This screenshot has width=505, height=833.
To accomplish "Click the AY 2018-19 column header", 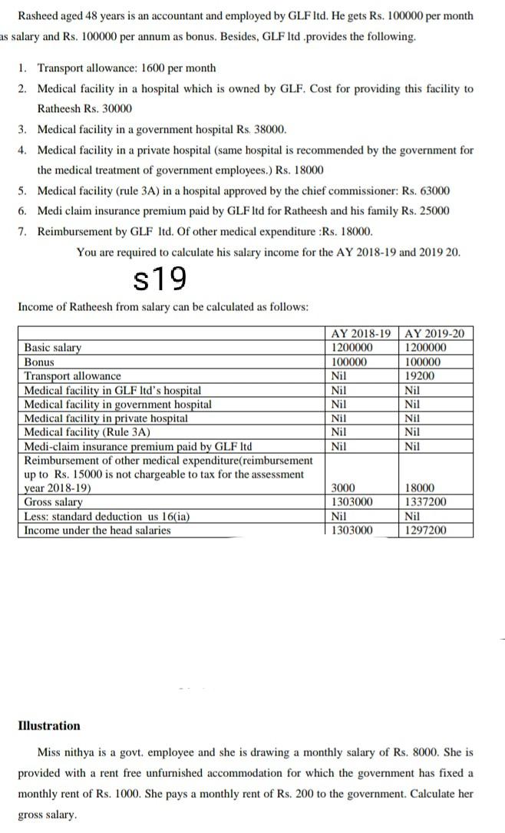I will tap(360, 334).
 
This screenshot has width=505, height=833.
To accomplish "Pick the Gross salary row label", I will tap(54, 502).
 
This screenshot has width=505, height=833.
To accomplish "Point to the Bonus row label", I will tap(39, 362).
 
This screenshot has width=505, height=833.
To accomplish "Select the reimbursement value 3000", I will tap(342, 488).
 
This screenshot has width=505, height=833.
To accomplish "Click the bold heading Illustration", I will tap(49, 726).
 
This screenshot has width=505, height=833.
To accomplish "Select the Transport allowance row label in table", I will tap(72, 376).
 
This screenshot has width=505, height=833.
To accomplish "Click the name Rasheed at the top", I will tap(38, 16).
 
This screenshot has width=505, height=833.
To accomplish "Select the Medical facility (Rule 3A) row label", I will tap(87, 432).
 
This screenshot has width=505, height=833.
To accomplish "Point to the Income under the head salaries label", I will tap(97, 531).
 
